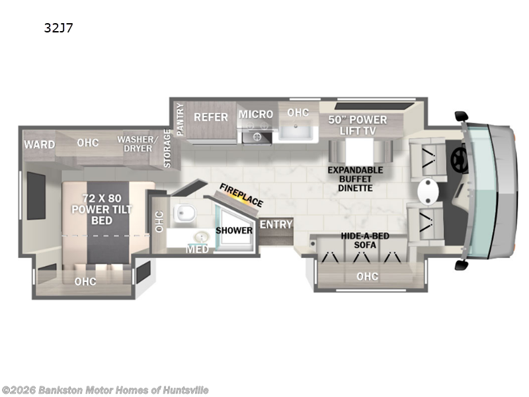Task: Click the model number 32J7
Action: coord(58,28)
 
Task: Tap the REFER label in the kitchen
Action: coord(211,117)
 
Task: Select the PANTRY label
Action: coord(180,119)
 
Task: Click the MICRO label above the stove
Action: coord(256,114)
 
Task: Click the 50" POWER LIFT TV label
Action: coord(358,125)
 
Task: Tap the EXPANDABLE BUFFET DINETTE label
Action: coord(355,179)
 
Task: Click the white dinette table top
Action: coord(359,152)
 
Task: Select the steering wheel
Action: coord(460,159)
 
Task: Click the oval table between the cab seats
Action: coord(428,191)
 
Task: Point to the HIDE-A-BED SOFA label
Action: coord(365,240)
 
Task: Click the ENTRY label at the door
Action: coord(276,224)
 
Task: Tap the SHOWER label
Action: coord(234,230)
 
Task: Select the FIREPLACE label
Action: coord(241,195)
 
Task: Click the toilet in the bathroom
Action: coord(184,213)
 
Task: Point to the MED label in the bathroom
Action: coord(197,249)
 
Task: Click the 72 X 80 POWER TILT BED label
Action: coord(102,209)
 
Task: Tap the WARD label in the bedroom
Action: coord(40,144)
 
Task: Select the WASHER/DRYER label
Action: coord(138,144)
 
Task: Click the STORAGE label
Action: coord(167,148)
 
